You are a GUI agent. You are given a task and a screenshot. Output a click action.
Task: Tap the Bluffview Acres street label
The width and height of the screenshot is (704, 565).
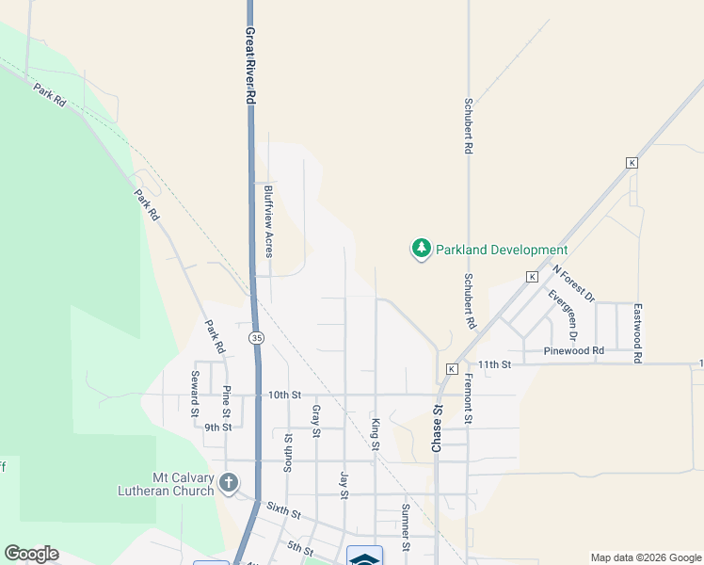click(268, 220)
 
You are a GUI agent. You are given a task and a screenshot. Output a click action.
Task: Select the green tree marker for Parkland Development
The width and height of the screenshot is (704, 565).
click(421, 250)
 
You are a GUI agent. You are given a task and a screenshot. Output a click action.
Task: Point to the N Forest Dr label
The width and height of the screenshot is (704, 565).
click(573, 282)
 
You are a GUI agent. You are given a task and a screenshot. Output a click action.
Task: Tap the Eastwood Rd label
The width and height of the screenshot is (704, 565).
click(638, 333)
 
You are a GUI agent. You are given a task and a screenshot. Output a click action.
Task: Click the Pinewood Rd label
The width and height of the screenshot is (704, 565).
click(575, 351)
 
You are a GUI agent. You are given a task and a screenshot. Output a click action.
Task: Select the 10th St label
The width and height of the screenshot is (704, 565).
click(282, 395)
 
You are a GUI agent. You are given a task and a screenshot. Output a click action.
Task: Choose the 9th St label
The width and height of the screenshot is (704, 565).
click(218, 427)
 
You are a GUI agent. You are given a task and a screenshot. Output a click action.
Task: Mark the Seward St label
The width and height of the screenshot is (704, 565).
click(195, 394)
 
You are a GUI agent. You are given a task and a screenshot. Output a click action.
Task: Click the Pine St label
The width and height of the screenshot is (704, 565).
click(227, 400)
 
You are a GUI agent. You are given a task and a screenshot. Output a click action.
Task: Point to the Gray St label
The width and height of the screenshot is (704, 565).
click(316, 421)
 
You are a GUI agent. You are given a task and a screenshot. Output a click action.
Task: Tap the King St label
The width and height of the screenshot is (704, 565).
click(375, 434)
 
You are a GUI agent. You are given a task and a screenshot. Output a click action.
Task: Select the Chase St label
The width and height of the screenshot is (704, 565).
click(437, 429)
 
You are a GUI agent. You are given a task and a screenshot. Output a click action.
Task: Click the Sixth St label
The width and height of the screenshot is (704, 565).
click(282, 513)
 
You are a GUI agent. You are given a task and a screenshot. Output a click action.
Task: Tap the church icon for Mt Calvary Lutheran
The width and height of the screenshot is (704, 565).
click(228, 484)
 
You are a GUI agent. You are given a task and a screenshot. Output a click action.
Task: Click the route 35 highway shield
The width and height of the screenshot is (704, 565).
click(256, 337)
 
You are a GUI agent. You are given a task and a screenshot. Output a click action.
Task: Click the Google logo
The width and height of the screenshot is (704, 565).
click(31, 554)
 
